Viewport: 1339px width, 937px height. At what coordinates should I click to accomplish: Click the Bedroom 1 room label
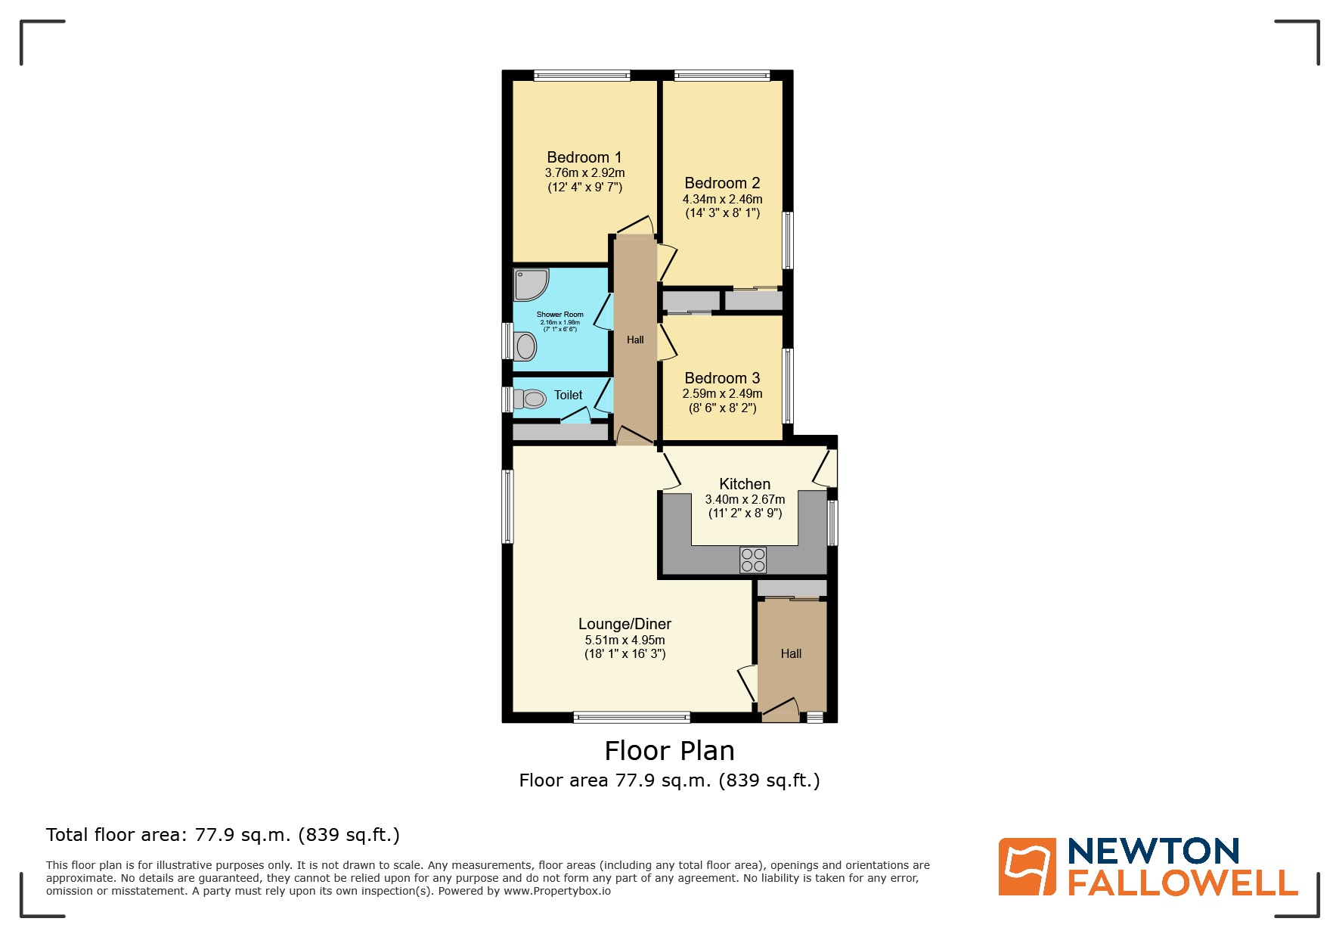(584, 157)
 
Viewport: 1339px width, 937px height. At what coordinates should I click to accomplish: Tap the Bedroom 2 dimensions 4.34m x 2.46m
(722, 199)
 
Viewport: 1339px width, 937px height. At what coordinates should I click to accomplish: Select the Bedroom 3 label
(722, 378)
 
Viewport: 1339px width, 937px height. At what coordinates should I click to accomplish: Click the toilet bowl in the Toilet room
(532, 399)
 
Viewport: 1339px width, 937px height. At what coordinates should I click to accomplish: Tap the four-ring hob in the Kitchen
(753, 560)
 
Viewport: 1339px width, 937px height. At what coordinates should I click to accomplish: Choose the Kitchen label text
(745, 484)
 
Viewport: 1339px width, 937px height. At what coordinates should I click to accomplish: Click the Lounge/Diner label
(625, 624)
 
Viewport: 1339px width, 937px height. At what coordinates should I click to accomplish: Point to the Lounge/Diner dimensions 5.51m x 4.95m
(625, 640)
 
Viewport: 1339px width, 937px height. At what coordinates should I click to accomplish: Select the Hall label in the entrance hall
(791, 653)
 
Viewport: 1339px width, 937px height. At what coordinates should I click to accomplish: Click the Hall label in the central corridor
(635, 340)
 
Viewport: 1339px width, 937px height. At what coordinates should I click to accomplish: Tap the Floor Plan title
(669, 751)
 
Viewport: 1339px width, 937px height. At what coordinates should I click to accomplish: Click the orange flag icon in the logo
(1027, 867)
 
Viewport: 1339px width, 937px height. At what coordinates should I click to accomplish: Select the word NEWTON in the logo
(1153, 852)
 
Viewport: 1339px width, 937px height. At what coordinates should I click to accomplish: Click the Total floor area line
(222, 835)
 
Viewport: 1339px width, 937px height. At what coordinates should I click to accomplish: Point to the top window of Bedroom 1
(581, 75)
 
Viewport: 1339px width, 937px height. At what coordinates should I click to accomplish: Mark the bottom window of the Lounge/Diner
(631, 717)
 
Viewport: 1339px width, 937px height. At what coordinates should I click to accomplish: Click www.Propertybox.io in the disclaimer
(557, 891)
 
